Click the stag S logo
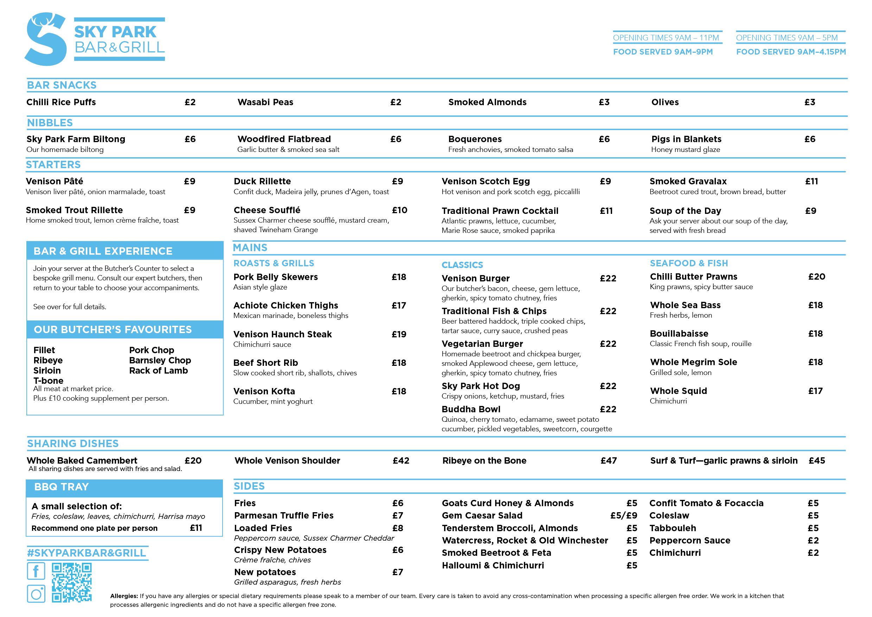point(46,39)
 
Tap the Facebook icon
point(36,571)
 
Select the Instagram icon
point(36,593)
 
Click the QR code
point(72,583)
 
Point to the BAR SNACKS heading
point(62,85)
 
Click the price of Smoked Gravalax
point(811,181)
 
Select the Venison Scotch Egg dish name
point(485,181)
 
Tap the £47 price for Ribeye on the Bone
point(608,460)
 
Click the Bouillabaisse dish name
point(679,333)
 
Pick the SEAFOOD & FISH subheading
point(688,263)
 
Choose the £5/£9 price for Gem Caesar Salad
point(624,516)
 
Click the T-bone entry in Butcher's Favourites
point(48,381)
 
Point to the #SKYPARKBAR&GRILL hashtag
point(86,553)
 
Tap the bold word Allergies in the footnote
point(124,596)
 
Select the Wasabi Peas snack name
point(265,102)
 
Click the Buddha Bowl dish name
point(471,409)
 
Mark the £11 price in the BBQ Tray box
point(196,528)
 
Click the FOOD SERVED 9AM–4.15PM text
point(791,52)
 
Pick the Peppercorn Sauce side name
point(690,540)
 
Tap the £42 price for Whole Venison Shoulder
point(401,460)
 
